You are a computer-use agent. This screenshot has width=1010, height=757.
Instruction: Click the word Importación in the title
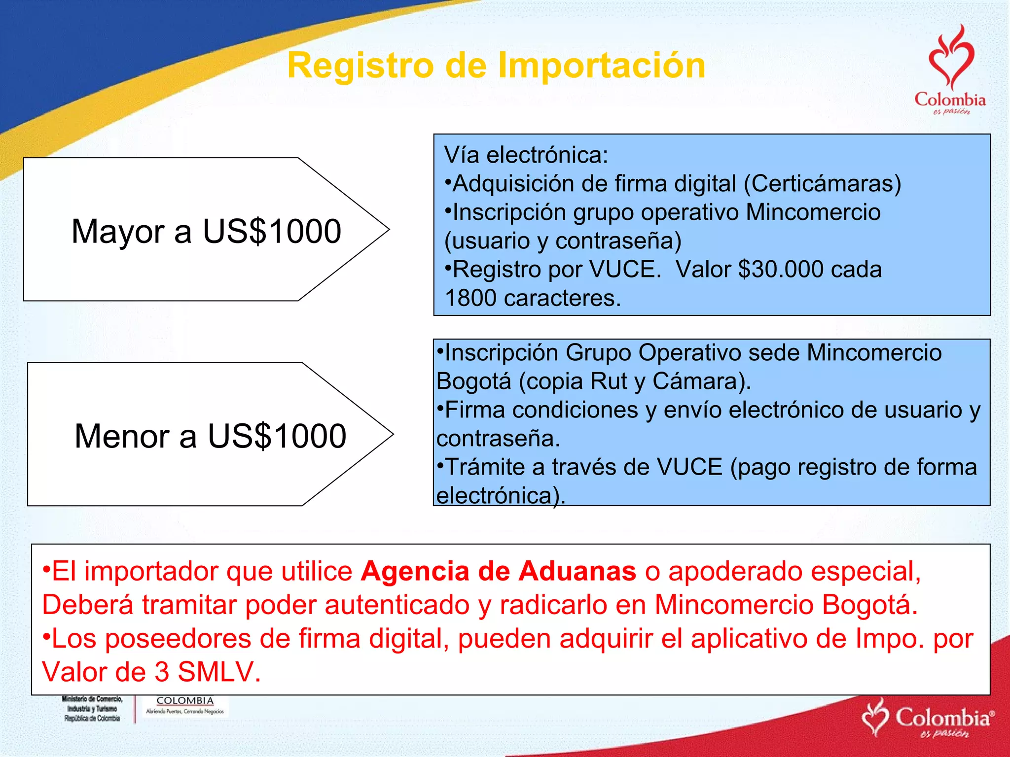coord(602,66)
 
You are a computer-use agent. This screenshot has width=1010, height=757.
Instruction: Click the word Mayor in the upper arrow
coord(118,231)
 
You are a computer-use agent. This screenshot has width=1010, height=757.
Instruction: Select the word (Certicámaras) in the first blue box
coord(822,184)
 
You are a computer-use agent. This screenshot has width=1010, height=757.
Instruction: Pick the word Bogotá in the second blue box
coord(473,381)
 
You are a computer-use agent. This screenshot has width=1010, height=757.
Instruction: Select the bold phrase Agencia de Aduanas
coord(498,572)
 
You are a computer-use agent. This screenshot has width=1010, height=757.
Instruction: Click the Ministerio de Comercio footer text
coord(92,709)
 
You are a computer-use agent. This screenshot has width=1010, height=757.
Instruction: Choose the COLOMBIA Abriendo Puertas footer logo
coord(185,705)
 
